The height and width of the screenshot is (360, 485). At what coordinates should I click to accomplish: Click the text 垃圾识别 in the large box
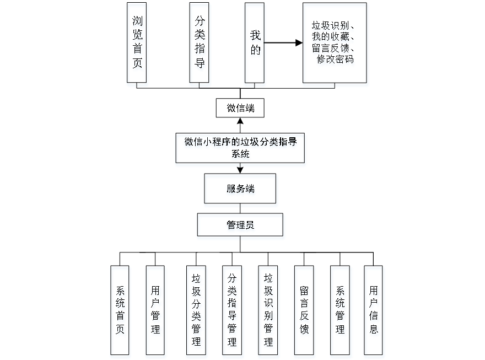click(330, 26)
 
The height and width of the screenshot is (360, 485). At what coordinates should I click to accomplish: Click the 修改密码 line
click(335, 60)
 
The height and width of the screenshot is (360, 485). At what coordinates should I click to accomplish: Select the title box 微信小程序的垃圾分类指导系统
click(240, 149)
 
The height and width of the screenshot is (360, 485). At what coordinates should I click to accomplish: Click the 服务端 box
click(240, 190)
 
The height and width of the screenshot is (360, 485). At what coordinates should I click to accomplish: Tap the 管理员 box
click(240, 227)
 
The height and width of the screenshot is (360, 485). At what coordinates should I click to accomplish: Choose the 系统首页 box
click(121, 311)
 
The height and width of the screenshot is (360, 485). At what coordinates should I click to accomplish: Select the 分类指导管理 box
click(233, 311)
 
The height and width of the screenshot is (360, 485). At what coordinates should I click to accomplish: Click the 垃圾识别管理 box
click(268, 311)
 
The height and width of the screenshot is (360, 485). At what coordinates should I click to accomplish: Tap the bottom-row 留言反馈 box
click(304, 311)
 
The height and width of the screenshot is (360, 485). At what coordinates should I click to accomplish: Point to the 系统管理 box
click(341, 311)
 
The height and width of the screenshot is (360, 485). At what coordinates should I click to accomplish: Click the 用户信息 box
click(374, 311)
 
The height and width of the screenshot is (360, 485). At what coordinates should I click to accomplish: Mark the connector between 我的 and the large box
click(284, 42)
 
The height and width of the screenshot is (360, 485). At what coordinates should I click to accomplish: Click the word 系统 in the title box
click(240, 155)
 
